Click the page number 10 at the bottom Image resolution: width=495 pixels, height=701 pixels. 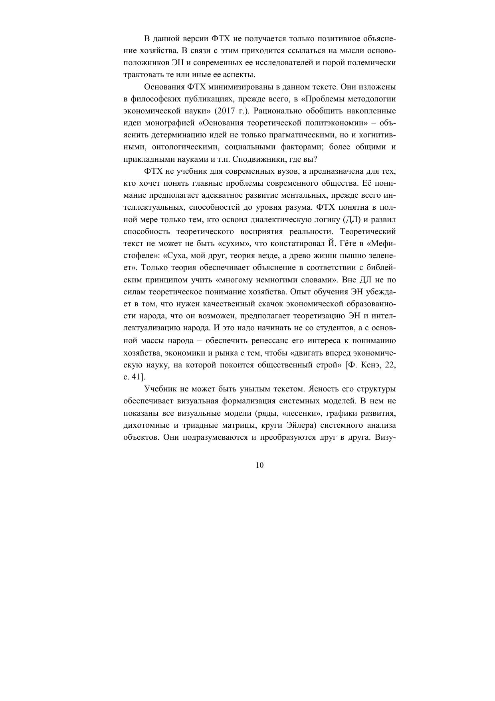(x=259, y=465)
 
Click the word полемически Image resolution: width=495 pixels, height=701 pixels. (x=372, y=63)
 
